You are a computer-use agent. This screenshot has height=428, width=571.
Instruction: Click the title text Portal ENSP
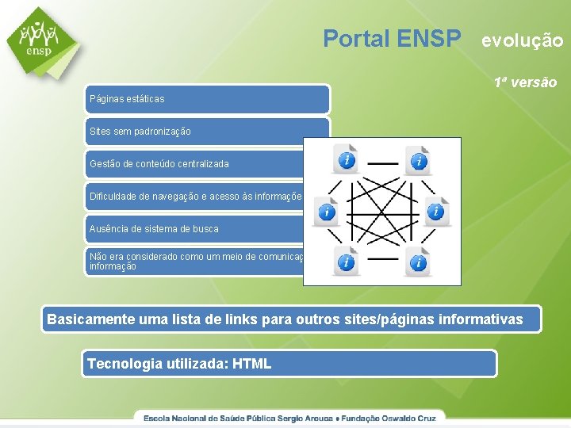pyautogui.click(x=392, y=38)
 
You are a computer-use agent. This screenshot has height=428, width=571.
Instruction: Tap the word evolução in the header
pyautogui.click(x=523, y=40)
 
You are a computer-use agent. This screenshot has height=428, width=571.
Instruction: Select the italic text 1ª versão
pyautogui.click(x=525, y=82)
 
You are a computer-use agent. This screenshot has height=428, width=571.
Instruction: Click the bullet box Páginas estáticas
pyautogui.click(x=206, y=99)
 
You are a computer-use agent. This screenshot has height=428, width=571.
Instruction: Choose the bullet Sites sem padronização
pyautogui.click(x=206, y=132)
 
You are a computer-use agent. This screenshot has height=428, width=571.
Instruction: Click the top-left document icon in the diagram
pyautogui.click(x=346, y=159)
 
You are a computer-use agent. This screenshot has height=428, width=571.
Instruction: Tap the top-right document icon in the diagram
pyautogui.click(x=417, y=160)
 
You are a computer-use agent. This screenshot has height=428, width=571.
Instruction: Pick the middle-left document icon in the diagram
pyautogui.click(x=326, y=211)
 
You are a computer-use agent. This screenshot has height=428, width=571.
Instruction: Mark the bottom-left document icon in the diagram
pyautogui.click(x=346, y=261)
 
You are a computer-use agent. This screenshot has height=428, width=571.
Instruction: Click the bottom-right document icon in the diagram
pyautogui.click(x=417, y=261)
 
